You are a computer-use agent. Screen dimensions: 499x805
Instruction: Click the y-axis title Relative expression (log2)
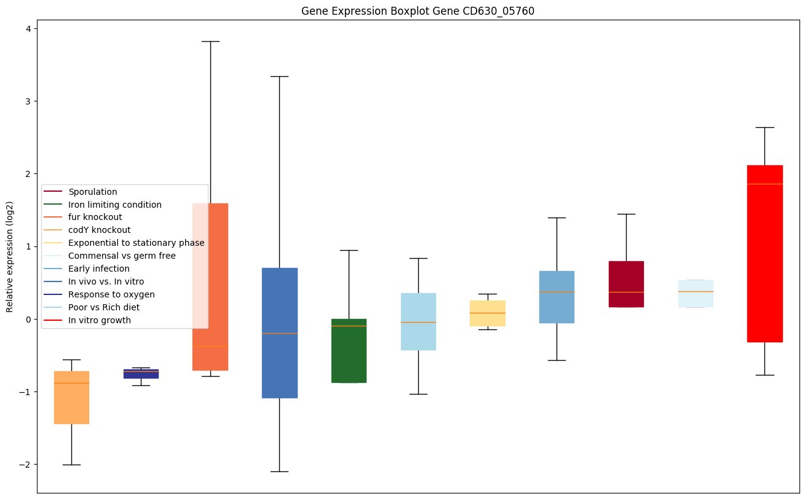pos(10,256)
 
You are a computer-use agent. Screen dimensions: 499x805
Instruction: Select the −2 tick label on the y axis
pos(27,465)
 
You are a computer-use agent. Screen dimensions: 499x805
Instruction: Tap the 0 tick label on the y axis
pos(30,320)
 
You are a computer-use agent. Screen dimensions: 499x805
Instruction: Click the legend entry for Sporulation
pos(93,192)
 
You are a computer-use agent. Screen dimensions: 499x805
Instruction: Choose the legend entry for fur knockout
pos(95,217)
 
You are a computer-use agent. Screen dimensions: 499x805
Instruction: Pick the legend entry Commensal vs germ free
pos(122,256)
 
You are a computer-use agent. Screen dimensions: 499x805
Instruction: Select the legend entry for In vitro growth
pos(100,320)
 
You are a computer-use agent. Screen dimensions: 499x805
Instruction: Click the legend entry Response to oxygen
pos(111,294)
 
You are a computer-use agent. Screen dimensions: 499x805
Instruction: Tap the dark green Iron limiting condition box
pos(349,350)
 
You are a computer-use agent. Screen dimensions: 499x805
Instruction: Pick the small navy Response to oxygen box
pos(141,374)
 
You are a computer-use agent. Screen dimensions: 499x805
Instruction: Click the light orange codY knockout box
pos(71,397)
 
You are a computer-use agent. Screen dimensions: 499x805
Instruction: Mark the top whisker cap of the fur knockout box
pos(210,41)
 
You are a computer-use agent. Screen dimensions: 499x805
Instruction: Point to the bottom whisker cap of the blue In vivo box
pos(280,471)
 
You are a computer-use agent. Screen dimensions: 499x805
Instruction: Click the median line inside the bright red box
pos(764,184)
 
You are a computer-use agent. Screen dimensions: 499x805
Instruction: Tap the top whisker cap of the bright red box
pos(764,127)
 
